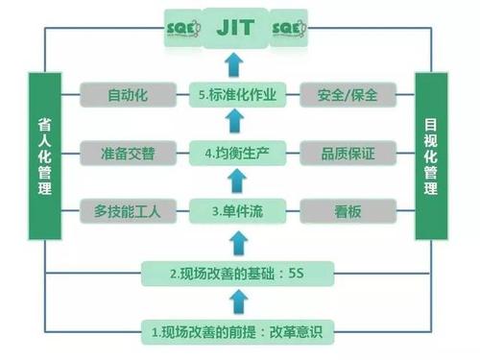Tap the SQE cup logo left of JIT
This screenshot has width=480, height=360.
[180, 28]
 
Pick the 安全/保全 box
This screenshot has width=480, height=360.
[342, 96]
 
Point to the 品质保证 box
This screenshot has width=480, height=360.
[342, 152]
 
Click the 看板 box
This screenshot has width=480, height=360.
[342, 209]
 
